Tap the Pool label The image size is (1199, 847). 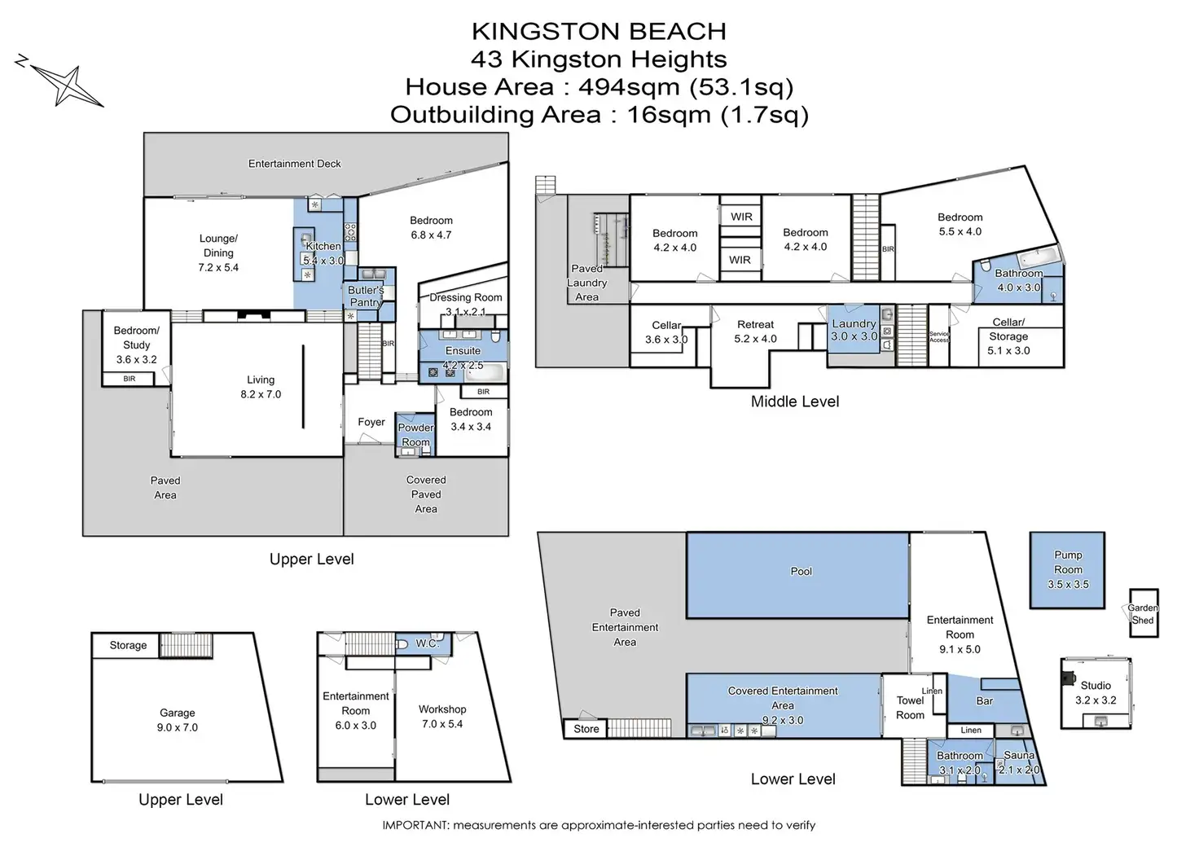801,571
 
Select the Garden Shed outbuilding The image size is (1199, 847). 1143,613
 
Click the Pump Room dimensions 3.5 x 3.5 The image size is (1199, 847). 1068,584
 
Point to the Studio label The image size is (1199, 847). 1096,685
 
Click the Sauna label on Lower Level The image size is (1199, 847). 1019,755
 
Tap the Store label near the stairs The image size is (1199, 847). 586,729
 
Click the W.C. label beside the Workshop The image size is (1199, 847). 427,643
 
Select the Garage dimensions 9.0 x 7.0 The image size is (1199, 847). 178,727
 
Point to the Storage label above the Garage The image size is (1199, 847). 128,645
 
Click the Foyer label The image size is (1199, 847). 371,422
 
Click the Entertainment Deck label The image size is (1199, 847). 294,164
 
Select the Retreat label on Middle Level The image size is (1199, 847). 755,324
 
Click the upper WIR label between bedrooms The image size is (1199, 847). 741,217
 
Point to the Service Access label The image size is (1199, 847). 939,336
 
